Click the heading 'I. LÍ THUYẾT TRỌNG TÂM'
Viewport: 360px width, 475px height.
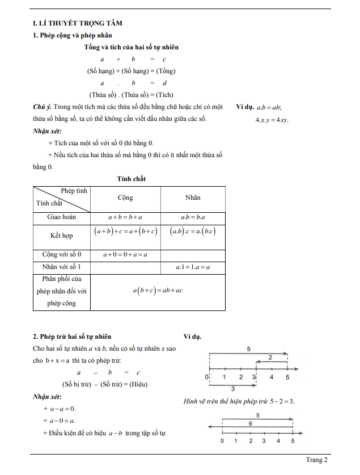78,23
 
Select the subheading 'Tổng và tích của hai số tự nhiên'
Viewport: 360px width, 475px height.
131,47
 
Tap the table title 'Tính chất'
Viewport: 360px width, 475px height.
131,179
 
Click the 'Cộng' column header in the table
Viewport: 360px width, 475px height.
125,197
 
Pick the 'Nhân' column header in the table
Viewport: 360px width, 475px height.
193,197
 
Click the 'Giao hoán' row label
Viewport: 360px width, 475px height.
62,217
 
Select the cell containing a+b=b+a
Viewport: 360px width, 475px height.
125,217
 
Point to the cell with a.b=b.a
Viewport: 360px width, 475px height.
193,217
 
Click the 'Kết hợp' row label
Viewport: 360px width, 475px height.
62,236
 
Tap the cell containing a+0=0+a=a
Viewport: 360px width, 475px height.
125,255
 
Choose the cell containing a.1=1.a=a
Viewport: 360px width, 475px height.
193,267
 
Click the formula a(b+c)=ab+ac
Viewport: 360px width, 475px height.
158,291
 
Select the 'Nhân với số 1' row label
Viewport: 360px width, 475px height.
62,267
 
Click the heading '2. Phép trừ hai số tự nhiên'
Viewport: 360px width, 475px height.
72,337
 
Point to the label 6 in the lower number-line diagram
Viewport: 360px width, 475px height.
250,423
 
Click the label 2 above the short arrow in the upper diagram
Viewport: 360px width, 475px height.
270,357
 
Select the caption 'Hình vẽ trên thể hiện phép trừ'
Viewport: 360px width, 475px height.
223,402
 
